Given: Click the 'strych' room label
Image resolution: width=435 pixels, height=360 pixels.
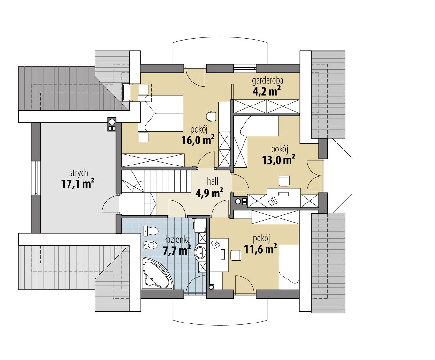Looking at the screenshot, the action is pyautogui.click(x=78, y=173).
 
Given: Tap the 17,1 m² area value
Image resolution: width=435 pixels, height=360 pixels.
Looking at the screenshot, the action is pyautogui.click(x=78, y=183).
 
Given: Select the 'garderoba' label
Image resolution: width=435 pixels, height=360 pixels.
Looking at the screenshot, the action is pyautogui.click(x=267, y=81).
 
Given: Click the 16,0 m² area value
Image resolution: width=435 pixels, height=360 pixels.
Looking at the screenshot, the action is pyautogui.click(x=198, y=140).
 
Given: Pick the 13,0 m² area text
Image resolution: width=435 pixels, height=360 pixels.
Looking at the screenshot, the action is pyautogui.click(x=279, y=160).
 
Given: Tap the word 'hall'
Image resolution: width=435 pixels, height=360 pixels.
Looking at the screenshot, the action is pyautogui.click(x=213, y=182).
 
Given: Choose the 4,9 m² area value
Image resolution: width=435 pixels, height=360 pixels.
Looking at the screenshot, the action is pyautogui.click(x=210, y=193).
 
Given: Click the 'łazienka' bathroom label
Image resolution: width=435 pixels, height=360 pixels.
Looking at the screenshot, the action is pyautogui.click(x=177, y=240).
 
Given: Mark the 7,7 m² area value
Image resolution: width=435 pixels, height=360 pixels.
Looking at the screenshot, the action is pyautogui.click(x=176, y=250).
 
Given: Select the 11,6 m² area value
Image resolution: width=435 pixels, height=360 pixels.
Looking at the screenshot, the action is pyautogui.click(x=260, y=248).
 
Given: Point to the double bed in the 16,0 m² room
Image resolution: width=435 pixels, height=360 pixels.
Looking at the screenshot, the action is pyautogui.click(x=161, y=113).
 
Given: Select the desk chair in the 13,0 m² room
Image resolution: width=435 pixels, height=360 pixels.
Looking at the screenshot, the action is pyautogui.click(x=284, y=180).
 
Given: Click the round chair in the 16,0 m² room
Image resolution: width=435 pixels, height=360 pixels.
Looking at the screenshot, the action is pyautogui.click(x=212, y=116).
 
